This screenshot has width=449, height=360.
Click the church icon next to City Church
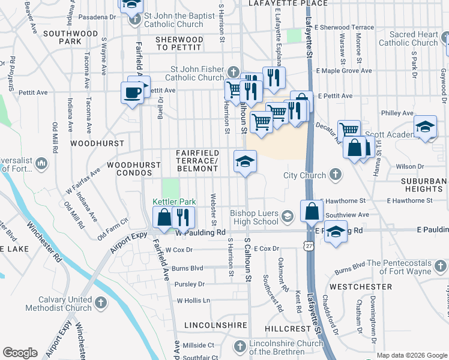coord(336,175)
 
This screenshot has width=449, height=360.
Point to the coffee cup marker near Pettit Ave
coord(132,93)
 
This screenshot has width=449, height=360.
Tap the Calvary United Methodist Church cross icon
coord(100,303)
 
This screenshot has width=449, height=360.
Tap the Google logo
coord(20,353)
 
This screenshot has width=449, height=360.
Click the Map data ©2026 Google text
coord(411,355)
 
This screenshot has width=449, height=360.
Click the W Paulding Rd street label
coord(201,232)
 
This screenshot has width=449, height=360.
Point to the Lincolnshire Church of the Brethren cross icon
coord(240,347)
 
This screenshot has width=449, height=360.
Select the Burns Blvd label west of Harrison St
coord(188,268)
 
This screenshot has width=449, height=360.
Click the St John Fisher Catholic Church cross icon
coord(234,73)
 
